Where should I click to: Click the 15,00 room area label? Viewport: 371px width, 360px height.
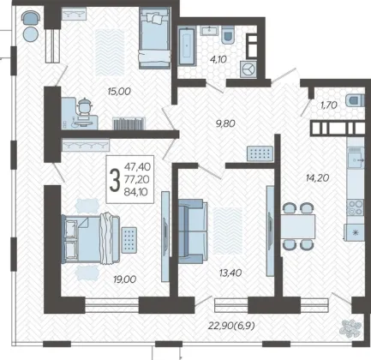pyautogui.click(x=119, y=92)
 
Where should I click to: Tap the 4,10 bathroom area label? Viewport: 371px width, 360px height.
pyautogui.click(x=218, y=59)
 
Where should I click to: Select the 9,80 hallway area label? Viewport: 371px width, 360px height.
pyautogui.click(x=225, y=123)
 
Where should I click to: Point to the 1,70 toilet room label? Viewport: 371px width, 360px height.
pyautogui.click(x=329, y=105)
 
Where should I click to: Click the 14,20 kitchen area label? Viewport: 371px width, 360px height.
pyautogui.click(x=317, y=178)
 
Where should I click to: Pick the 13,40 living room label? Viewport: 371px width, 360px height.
pyautogui.click(x=230, y=273)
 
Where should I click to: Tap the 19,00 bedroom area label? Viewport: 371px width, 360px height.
pyautogui.click(x=125, y=279)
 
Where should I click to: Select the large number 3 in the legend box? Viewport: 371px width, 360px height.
pyautogui.click(x=115, y=180)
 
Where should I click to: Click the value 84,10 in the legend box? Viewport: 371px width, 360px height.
pyautogui.click(x=135, y=192)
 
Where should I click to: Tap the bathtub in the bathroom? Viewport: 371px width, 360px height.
pyautogui.click(x=187, y=46)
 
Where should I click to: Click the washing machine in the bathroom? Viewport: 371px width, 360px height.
pyautogui.click(x=248, y=69)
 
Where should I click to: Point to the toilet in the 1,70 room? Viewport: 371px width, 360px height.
pyautogui.click(x=356, y=100)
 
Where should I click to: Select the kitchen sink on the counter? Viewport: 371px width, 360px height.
pyautogui.click(x=356, y=161)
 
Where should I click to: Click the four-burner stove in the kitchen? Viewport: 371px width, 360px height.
pyautogui.click(x=356, y=207)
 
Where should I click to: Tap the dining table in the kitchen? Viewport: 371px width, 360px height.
pyautogui.click(x=298, y=226)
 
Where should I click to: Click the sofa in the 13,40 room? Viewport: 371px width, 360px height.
pyautogui.click(x=192, y=231)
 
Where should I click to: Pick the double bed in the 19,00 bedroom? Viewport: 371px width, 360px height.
pyautogui.click(x=91, y=239)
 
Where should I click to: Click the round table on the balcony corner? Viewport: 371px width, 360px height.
pyautogui.click(x=31, y=34)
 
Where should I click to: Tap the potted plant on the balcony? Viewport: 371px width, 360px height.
pyautogui.click(x=350, y=327)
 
